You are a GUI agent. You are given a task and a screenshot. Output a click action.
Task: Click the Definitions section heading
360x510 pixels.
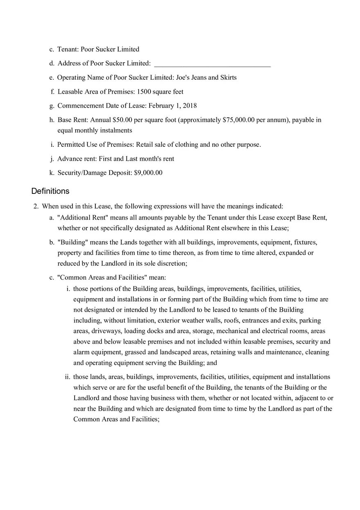pyautogui.click(x=50, y=191)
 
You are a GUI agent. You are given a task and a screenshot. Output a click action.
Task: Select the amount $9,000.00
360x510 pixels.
pyautogui.click(x=148, y=173)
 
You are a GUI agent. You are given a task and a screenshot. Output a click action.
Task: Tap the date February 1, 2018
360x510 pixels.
pyautogui.click(x=172, y=106)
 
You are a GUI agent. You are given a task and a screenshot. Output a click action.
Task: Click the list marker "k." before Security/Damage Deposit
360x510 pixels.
pyautogui.click(x=52, y=173)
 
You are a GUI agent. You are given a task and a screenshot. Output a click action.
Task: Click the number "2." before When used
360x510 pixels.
pyautogui.click(x=36, y=207)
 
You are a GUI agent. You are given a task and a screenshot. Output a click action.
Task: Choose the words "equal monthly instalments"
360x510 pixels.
pyautogui.click(x=94, y=130)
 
